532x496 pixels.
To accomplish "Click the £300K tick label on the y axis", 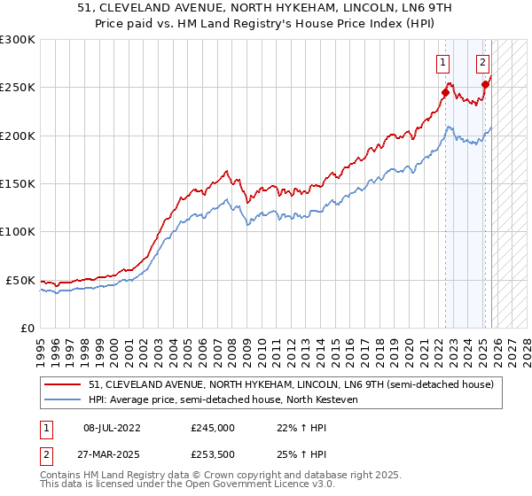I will click(x=18, y=40).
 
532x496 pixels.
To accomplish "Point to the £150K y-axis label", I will click(x=18, y=183).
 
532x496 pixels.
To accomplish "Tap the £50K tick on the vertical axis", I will click(x=20, y=280).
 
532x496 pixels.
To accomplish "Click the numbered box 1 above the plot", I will click(x=442, y=62).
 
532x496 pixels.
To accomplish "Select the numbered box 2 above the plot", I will click(x=482, y=62).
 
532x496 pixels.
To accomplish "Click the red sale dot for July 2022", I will click(x=445, y=92).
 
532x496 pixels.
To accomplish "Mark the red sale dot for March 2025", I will click(x=485, y=84).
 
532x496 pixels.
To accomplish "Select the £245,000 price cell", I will click(x=213, y=427).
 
